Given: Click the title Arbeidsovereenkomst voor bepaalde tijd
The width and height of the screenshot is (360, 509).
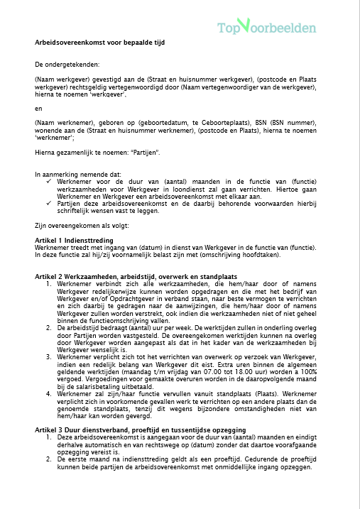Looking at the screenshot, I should (x=99, y=43).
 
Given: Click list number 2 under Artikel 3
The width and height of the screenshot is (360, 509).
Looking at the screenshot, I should (x=49, y=459).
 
